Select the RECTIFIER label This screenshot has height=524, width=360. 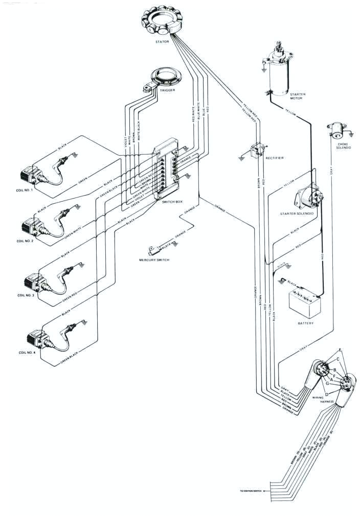[275, 158]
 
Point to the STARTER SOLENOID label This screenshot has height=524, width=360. [297, 213]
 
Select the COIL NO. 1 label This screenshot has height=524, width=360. [24, 189]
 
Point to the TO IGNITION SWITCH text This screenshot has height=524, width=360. [250, 491]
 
